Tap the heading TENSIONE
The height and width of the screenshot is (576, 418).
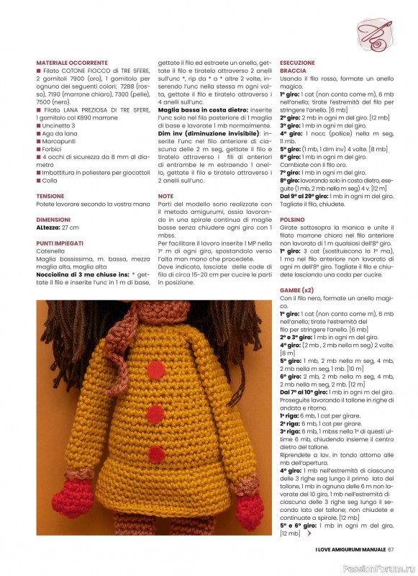click(50, 196)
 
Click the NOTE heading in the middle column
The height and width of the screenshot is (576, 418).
click(165, 196)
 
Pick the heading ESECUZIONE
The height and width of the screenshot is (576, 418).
click(297, 63)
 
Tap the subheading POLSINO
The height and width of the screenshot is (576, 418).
click(292, 219)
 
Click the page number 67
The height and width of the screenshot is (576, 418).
click(391, 551)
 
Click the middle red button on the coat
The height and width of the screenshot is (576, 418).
click(154, 413)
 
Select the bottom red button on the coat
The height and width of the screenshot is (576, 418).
click(155, 454)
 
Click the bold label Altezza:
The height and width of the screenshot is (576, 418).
click(48, 227)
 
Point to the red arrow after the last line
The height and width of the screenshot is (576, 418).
click(309, 534)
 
